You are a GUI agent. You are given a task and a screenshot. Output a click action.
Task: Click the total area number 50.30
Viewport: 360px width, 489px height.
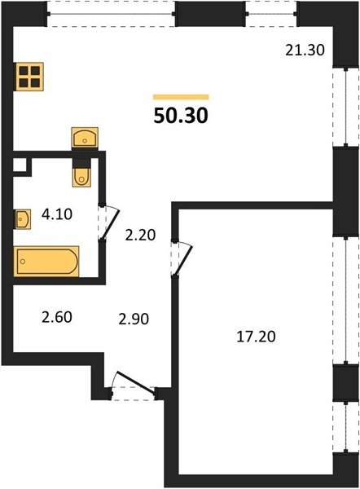(181, 115)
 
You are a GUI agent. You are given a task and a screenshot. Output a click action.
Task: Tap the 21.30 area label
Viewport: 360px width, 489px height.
(305, 50)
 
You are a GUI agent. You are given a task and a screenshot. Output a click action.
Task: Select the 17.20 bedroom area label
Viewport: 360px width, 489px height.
(256, 337)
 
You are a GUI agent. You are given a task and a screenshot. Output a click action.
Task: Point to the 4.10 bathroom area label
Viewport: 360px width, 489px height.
(57, 214)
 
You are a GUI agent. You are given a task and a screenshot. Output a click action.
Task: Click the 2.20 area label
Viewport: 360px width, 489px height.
(140, 235)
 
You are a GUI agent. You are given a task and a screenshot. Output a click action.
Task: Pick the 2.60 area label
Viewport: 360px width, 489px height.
(57, 317)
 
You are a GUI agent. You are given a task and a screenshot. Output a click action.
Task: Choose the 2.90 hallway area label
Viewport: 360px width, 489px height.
(134, 319)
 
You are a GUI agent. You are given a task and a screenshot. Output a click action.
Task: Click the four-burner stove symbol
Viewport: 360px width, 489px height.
(29, 77)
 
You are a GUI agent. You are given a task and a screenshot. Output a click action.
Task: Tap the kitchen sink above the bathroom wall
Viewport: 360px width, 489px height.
(85, 137)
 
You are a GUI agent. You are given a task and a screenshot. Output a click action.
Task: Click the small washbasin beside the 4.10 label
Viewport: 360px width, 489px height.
(22, 219)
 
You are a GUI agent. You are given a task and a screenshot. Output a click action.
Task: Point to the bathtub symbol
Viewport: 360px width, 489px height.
(46, 262)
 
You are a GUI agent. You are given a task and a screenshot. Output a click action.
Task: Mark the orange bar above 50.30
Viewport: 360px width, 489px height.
(181, 97)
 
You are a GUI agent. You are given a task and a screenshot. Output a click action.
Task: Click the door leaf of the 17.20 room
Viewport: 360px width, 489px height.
(184, 260)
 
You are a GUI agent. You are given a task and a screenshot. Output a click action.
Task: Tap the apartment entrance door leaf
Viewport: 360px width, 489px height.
(135, 382)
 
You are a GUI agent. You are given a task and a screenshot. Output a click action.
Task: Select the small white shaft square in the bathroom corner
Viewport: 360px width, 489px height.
(20, 165)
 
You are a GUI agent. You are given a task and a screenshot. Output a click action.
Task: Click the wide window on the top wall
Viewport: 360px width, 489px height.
(112, 14)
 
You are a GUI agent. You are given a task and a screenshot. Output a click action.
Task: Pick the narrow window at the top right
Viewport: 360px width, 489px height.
(271, 14)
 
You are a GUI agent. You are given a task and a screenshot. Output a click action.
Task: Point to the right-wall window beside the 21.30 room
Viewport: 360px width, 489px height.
(345, 106)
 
